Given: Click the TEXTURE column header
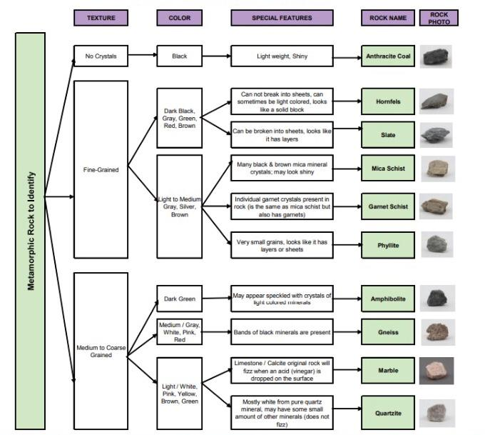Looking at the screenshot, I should pyautogui.click(x=101, y=18).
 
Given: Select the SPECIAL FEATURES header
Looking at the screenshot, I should pyautogui.click(x=282, y=18).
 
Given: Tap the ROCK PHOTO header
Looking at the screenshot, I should pyautogui.click(x=439, y=18).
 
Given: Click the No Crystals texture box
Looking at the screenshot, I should pyautogui.click(x=101, y=55).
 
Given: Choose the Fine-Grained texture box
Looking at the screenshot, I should pyautogui.click(x=101, y=170).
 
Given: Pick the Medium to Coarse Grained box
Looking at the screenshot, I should pyautogui.click(x=101, y=351).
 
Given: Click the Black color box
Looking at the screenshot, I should pyautogui.click(x=179, y=55).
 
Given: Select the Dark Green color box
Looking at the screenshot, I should pyautogui.click(x=179, y=299).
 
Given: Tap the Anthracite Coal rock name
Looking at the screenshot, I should pyautogui.click(x=388, y=56).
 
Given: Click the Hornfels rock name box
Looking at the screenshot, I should pyautogui.click(x=388, y=101).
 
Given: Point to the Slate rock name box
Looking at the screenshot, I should pyautogui.click(x=388, y=135).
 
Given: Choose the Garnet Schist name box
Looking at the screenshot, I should pyautogui.click(x=388, y=206).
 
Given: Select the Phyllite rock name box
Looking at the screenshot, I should pyautogui.click(x=388, y=245).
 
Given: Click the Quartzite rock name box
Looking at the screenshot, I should pyautogui.click(x=388, y=413).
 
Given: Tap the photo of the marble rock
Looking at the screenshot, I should pyautogui.click(x=437, y=371).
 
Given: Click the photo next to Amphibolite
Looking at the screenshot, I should pyautogui.click(x=436, y=298).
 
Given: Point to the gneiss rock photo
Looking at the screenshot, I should pyautogui.click(x=436, y=331).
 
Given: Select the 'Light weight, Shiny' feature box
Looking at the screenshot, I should pyautogui.click(x=282, y=55).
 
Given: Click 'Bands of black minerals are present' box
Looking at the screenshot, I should pyautogui.click(x=282, y=332).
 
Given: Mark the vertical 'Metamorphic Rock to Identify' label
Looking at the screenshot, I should pyautogui.click(x=30, y=230).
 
